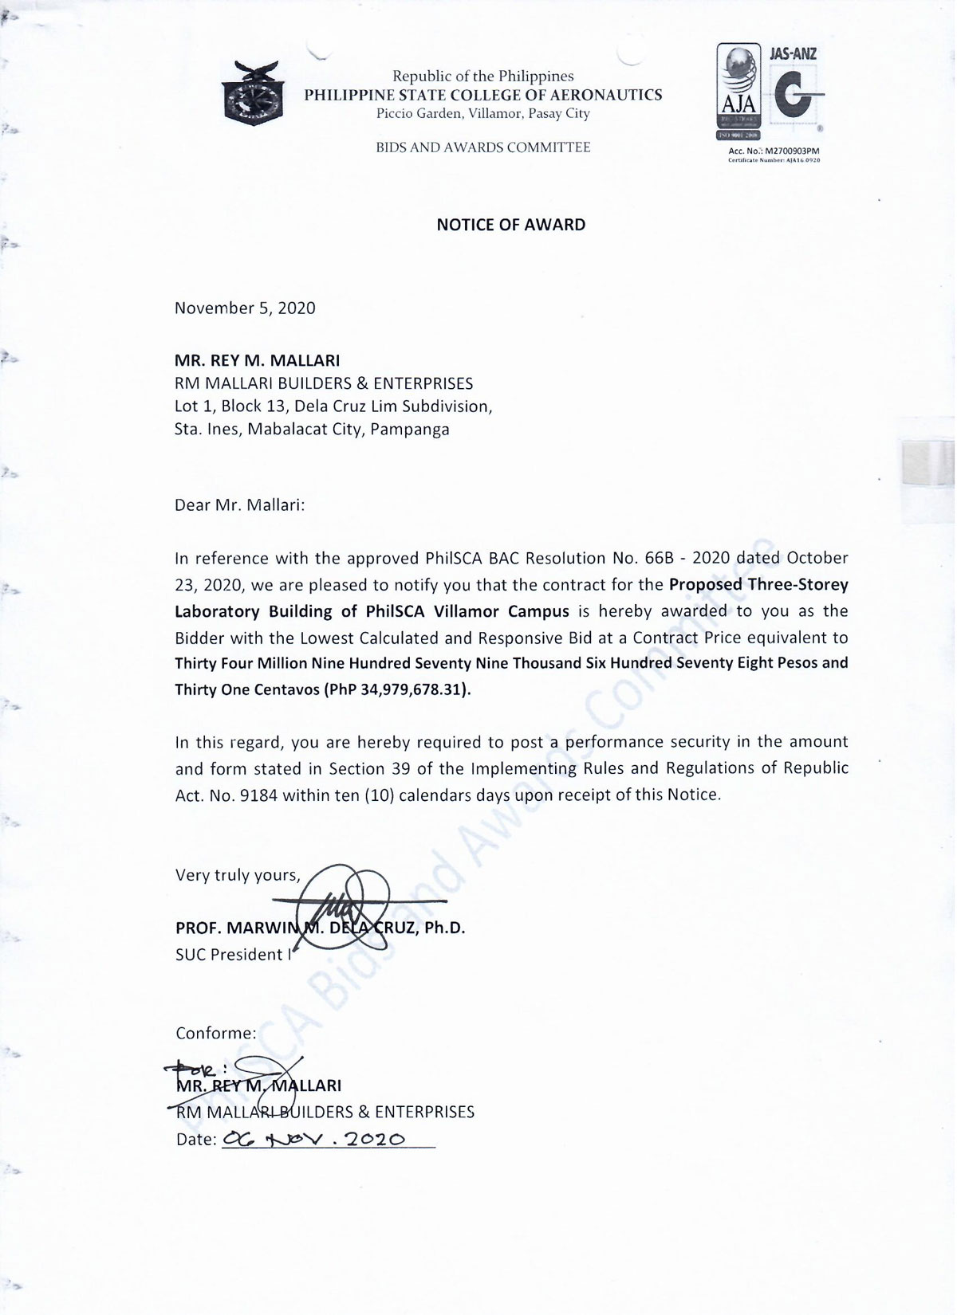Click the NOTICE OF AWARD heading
510,225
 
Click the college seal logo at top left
253,93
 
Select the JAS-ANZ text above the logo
792,54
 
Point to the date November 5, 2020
245,308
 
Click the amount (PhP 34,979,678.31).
397,689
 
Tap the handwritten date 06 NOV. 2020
314,1139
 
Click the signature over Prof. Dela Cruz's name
343,905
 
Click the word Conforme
215,1034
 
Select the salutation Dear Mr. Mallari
239,505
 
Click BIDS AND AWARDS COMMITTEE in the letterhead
483,147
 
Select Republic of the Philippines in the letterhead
483,77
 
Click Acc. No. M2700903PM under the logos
774,151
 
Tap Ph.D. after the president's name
444,928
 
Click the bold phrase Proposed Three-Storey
758,584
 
